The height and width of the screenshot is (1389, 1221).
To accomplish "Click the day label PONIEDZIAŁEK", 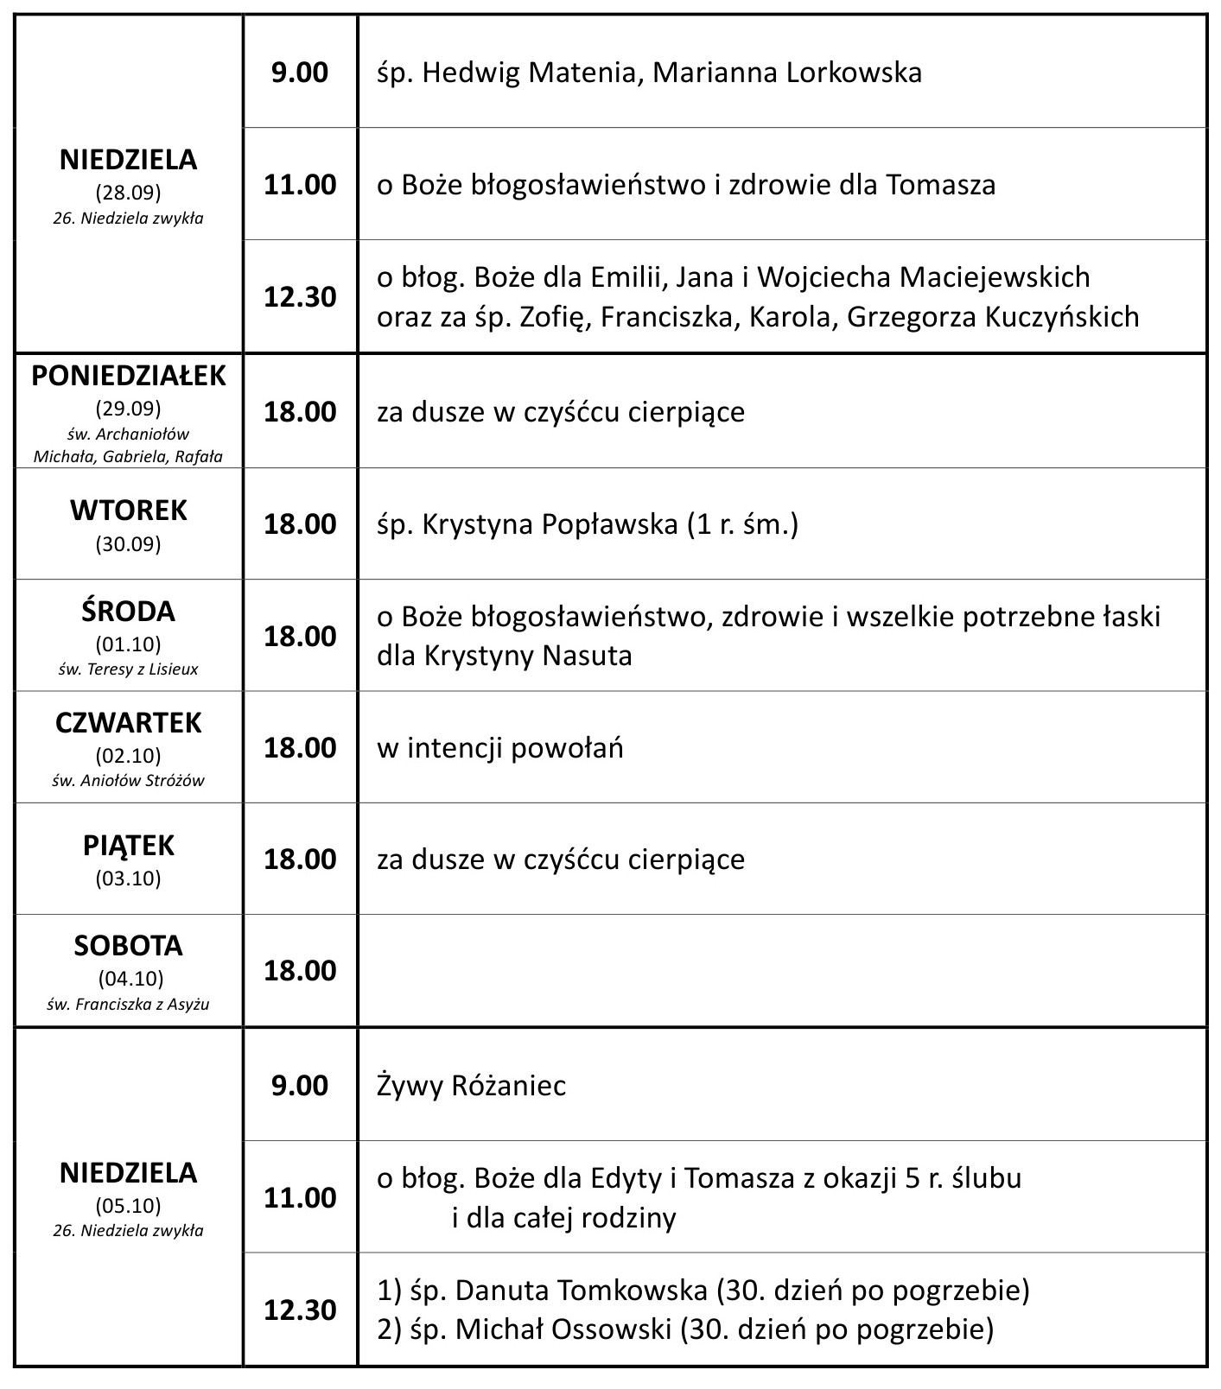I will [x=129, y=377].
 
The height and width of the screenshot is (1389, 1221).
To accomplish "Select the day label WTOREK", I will [x=129, y=511].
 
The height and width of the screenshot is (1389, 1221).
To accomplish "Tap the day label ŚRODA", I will [x=129, y=612].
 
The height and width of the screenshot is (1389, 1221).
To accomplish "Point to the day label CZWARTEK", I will [x=129, y=723].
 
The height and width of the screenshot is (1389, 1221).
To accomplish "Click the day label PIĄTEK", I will [x=129, y=846].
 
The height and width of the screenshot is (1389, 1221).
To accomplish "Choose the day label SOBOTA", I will [x=129, y=946].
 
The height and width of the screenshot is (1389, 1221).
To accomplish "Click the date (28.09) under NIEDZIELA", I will [x=129, y=192].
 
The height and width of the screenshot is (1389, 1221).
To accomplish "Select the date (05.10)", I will [x=129, y=1205].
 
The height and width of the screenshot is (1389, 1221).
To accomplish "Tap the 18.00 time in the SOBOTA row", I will [x=300, y=971].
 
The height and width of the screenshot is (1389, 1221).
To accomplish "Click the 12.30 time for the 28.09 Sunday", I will [x=300, y=297].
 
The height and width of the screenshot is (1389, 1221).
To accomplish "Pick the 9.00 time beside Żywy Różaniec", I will [x=300, y=1086].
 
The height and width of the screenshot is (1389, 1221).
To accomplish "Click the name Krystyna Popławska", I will [x=550, y=524].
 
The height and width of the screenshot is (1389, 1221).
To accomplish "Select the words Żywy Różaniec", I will [x=471, y=1086].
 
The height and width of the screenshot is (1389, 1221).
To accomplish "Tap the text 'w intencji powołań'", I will [x=499, y=748].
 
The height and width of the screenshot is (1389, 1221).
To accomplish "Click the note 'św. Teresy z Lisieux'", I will [x=129, y=669].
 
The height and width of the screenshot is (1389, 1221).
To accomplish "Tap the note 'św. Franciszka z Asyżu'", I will [x=129, y=1005].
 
